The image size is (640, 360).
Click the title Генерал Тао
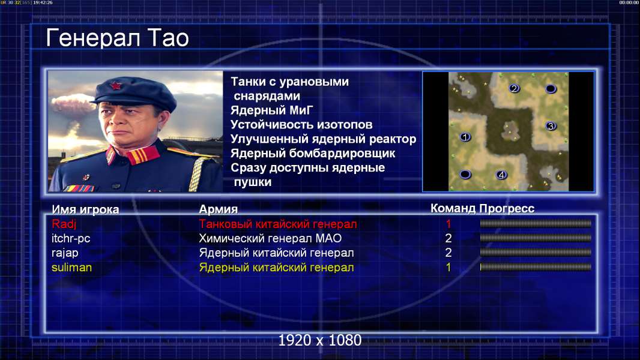coord(117,38)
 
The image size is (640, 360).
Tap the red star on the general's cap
coord(116,86)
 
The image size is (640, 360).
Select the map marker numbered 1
coord(465,137)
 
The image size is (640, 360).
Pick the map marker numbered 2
coord(514,88)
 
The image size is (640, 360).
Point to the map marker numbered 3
coord(551,126)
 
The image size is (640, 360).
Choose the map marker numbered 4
coord(501,175)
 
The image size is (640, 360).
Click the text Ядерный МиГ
coord(271,110)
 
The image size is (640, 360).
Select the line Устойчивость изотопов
coord(301,125)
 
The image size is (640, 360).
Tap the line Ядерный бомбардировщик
coord(313,154)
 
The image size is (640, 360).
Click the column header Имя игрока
coord(85,209)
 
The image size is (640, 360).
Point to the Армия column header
coord(218,209)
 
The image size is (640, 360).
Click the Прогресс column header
coord(507,208)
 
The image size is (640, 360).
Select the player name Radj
coord(64,224)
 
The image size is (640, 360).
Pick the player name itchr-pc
coord(71,239)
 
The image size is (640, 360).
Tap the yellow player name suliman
coord(71,268)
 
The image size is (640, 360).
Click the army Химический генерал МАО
coord(270,239)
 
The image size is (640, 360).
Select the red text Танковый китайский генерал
coord(278,224)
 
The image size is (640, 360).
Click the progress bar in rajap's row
coord(536,253)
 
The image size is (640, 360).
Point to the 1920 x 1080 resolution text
coord(320,340)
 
